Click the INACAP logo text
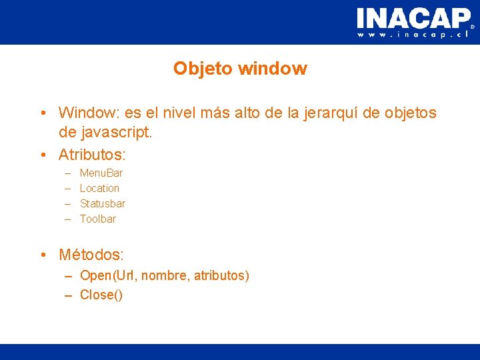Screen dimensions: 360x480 [413, 18]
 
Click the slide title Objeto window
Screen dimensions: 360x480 [240, 69]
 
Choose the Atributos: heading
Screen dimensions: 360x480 [93, 155]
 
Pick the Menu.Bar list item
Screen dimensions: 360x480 [101, 173]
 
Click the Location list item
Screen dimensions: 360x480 [99, 189]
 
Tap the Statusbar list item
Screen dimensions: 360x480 [103, 203]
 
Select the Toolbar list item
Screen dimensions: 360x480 [98, 219]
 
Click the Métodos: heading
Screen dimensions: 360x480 [91, 255]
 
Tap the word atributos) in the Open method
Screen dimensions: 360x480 [221, 275]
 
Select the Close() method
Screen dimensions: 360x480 [101, 295]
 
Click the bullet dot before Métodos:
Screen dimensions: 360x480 [43, 255]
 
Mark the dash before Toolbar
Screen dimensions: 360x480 [68, 219]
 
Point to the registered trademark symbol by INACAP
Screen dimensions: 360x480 [473, 27]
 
